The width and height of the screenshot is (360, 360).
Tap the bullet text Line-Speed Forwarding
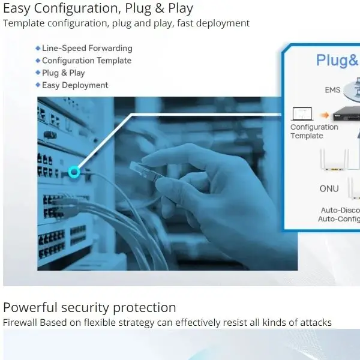(x=87, y=48)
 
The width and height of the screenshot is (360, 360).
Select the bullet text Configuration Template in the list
(x=86, y=61)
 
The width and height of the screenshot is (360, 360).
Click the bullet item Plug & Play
(x=63, y=73)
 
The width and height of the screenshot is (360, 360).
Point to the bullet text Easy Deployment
(x=75, y=85)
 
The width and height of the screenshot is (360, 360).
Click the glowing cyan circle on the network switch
(x=74, y=172)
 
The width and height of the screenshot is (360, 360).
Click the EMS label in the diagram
(x=332, y=90)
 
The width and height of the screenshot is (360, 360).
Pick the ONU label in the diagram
(x=329, y=188)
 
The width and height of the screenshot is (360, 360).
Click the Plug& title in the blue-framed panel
(x=337, y=60)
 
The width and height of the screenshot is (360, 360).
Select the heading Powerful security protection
(x=89, y=308)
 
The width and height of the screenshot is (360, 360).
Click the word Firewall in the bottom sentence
(x=20, y=323)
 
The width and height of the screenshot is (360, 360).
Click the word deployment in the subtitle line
(x=223, y=23)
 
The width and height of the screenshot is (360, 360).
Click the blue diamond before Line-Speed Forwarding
(x=38, y=48)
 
